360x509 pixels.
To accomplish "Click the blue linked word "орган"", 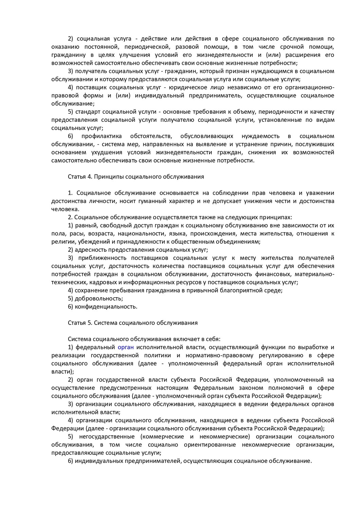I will pyautogui.click(x=126, y=347).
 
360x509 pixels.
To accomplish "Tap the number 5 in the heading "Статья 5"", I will pyautogui.click(x=90, y=323).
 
